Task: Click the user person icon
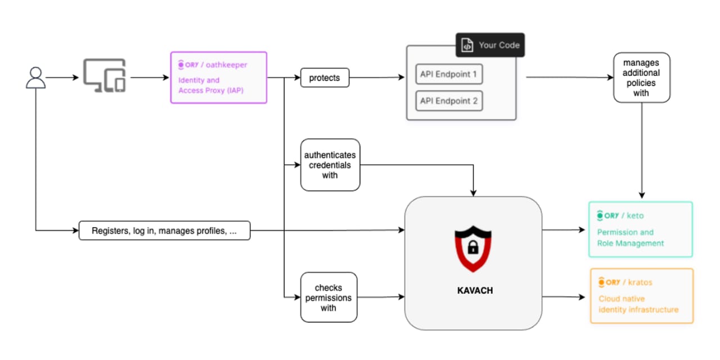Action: coord(35,78)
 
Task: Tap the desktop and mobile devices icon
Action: coord(105,76)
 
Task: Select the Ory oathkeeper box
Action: coord(218,77)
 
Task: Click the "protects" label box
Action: coord(325,78)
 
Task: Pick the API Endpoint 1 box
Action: coord(448,74)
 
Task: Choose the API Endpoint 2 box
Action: coord(448,101)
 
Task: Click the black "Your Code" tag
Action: coord(490,45)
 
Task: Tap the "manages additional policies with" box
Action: coord(641,77)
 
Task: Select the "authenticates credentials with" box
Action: coord(330,165)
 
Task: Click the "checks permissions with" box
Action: coord(328,297)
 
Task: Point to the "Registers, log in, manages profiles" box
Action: coord(164,231)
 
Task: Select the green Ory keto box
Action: coord(640,229)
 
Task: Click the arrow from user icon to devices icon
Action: coord(62,78)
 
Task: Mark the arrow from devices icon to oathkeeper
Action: coord(149,78)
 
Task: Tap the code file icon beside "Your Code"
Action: coord(467,46)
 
